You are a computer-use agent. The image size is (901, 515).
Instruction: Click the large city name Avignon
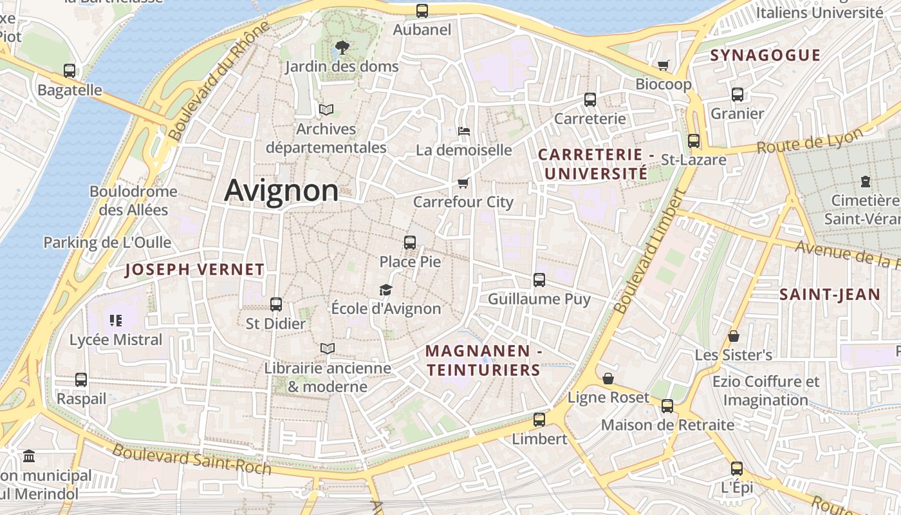281,191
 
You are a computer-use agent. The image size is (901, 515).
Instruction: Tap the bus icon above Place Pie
410,243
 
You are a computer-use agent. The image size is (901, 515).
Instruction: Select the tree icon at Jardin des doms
342,47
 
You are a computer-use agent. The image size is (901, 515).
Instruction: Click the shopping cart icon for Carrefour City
463,183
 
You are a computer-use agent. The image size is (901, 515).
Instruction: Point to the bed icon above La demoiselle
464,131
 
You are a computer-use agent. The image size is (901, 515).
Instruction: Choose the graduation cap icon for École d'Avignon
385,290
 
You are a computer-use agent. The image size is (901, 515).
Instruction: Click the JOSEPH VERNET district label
194,270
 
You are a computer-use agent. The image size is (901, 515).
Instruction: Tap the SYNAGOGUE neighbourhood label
765,55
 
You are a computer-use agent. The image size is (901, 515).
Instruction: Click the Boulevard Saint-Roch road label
192,458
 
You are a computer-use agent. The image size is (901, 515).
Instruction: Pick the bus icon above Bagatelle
70,71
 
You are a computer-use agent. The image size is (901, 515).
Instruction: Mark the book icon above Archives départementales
326,109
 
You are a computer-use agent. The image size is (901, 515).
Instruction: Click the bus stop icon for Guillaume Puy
539,280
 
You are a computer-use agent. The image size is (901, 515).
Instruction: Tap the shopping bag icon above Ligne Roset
608,379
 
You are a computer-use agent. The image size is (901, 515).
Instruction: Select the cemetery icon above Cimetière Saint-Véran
866,182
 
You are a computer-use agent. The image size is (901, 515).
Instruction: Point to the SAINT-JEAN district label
830,295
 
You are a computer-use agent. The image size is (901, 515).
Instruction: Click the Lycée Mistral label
116,339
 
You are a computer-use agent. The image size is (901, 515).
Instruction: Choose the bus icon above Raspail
81,380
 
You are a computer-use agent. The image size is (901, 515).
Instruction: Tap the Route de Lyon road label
810,141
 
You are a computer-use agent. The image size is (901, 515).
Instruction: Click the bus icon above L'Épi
737,469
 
